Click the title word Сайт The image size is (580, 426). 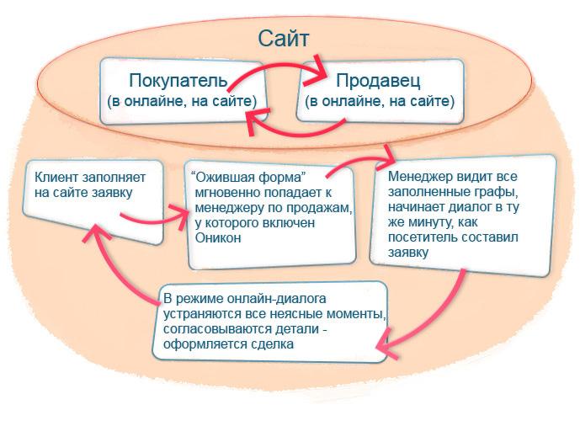coord(284,39)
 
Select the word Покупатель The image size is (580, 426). coord(178,81)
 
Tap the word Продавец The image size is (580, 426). coord(378,81)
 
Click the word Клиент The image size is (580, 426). coord(56,178)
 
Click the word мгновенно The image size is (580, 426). coord(226,193)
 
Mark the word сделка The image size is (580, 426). coord(272,344)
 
